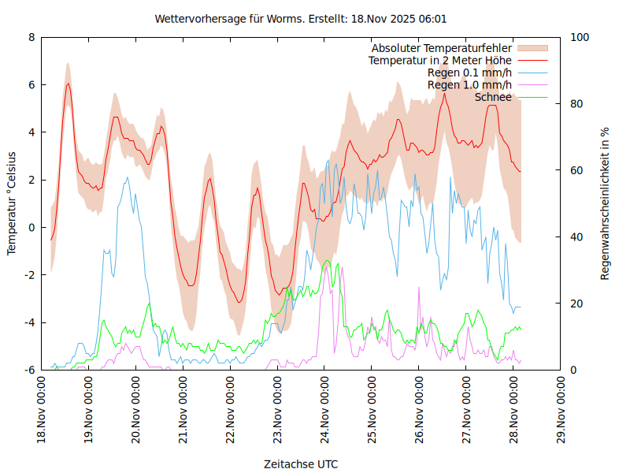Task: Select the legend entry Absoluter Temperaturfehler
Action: (x=441, y=48)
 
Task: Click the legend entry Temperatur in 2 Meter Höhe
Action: (x=440, y=61)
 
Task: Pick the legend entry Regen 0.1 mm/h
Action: (x=469, y=73)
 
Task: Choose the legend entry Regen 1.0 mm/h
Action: (x=469, y=85)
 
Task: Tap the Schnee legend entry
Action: (x=493, y=97)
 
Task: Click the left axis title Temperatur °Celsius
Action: (x=12, y=203)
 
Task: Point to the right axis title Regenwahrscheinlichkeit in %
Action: (x=605, y=203)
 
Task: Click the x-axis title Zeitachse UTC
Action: (x=301, y=464)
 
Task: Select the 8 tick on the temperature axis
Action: (x=31, y=37)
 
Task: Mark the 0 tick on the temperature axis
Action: (x=31, y=227)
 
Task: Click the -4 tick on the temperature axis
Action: (x=29, y=322)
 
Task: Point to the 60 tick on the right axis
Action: (x=576, y=170)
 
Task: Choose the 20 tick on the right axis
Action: (x=576, y=304)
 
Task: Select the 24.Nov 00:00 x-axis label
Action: (x=324, y=410)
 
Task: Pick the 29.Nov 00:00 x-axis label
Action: (x=561, y=410)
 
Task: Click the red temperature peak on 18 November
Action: (x=69, y=84)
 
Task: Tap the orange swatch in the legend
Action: (x=533, y=48)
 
